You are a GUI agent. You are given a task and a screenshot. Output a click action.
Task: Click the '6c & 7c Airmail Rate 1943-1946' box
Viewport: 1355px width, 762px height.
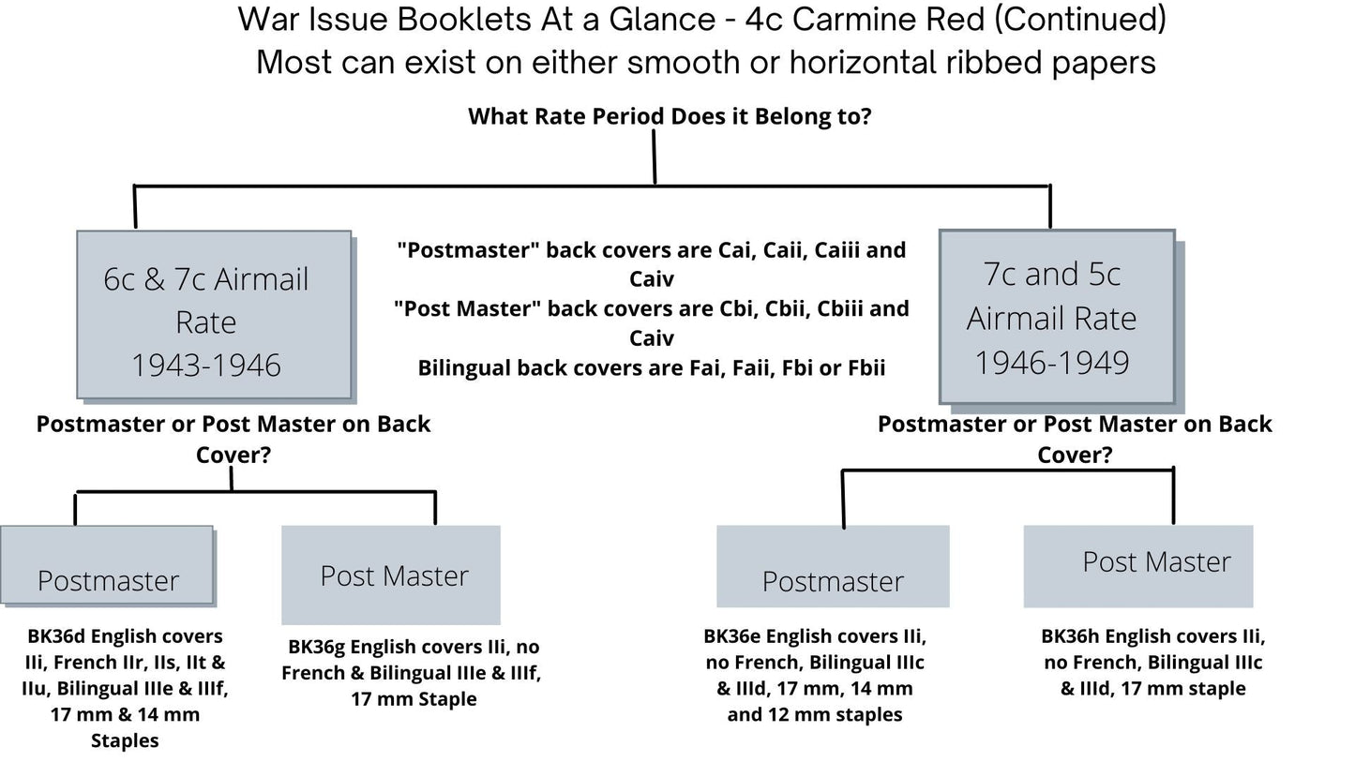214,315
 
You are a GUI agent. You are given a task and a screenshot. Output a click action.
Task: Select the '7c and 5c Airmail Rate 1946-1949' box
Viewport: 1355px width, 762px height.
1056,318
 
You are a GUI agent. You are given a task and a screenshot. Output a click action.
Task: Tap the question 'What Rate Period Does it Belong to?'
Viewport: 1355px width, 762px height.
670,117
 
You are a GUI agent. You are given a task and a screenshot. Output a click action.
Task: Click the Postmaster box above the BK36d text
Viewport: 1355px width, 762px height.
107,565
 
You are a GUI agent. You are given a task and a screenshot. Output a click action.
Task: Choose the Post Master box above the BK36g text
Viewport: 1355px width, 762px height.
391,575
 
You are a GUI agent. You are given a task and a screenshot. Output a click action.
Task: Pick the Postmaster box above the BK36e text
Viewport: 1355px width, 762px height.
833,567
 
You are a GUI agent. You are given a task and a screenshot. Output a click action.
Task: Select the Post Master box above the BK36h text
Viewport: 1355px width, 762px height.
1137,566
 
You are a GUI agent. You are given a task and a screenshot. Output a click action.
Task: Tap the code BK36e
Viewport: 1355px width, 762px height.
732,636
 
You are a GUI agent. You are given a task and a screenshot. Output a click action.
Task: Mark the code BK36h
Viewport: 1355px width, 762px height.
1070,636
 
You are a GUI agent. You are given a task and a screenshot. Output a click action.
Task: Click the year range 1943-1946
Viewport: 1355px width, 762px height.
206,366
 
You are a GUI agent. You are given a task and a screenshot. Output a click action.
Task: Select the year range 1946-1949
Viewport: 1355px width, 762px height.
1052,363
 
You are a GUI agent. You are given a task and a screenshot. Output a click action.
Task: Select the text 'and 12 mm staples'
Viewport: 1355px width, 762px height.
814,714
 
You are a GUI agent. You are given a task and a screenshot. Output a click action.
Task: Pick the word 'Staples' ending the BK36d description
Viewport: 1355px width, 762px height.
125,740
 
